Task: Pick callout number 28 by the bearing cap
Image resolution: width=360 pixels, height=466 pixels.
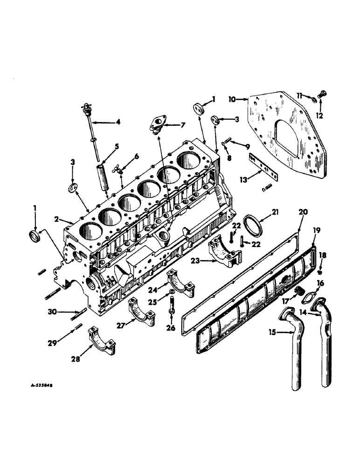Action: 75,359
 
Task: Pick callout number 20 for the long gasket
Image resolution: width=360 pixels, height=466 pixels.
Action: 303,212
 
